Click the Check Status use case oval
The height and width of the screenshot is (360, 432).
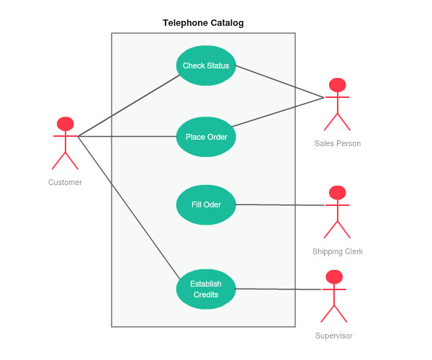click(x=206, y=66)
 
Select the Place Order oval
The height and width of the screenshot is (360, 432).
click(x=206, y=137)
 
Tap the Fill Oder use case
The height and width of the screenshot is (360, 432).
click(x=206, y=204)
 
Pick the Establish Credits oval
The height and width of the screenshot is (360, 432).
click(x=206, y=289)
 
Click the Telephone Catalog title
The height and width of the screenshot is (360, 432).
click(x=203, y=23)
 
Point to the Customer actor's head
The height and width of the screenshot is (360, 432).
click(x=66, y=124)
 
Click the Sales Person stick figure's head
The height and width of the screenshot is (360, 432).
click(x=337, y=85)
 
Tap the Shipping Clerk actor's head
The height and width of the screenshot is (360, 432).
click(x=337, y=192)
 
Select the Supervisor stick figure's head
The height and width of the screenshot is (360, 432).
click(x=333, y=276)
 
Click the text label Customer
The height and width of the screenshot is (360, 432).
click(x=65, y=182)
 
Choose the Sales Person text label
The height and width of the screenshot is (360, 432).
click(x=338, y=143)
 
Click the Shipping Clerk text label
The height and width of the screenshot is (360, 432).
click(x=338, y=251)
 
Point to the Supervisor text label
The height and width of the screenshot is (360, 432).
click(x=334, y=336)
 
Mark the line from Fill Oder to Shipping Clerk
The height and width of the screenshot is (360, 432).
click(x=281, y=204)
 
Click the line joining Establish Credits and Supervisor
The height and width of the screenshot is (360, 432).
click(x=278, y=289)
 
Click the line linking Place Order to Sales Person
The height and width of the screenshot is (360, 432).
click(x=277, y=111)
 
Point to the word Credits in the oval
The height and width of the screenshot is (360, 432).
click(x=206, y=294)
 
